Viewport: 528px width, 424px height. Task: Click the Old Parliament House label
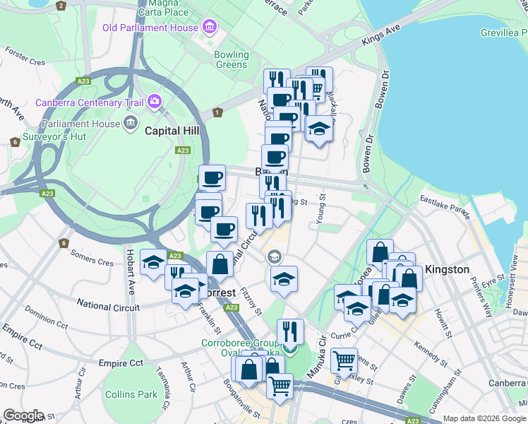click(150, 28)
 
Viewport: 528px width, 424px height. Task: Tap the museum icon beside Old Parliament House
click(209, 28)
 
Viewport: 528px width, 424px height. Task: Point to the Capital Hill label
click(172, 131)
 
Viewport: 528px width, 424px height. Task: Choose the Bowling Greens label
click(232, 59)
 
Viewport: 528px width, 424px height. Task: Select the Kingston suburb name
click(446, 269)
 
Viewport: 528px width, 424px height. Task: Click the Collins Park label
click(131, 394)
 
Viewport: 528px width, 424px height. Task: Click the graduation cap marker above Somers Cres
click(153, 262)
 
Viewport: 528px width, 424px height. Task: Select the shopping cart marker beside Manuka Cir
click(344, 360)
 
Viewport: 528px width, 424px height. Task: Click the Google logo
click(23, 416)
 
